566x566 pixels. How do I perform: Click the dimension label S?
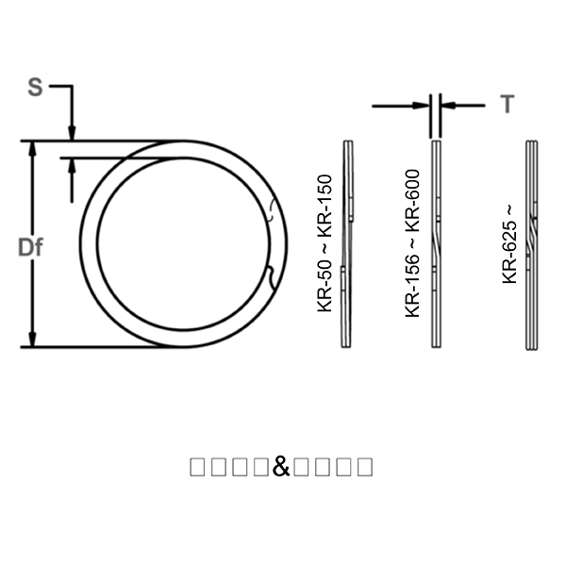point(35,88)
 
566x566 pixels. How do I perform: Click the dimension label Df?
point(32,247)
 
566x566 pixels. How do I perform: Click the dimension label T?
point(508,104)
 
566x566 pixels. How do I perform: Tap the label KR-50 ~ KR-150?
point(325,243)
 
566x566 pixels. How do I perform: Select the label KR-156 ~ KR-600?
point(412,244)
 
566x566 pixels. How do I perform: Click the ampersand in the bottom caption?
point(281,466)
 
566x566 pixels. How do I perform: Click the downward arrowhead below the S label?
point(72,133)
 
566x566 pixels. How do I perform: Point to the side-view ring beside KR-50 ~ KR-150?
point(349,244)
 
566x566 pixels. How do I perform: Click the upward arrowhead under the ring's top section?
point(72,166)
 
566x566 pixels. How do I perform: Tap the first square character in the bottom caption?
point(197,466)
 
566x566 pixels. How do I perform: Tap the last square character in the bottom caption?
point(364,466)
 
